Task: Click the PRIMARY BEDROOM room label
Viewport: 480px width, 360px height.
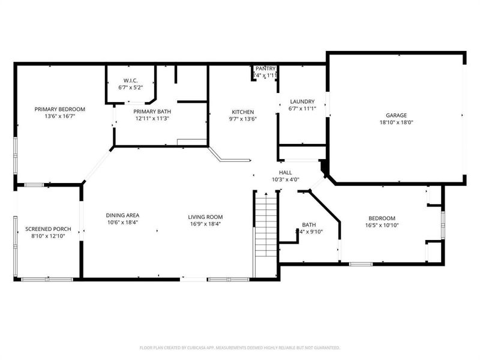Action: (59, 109)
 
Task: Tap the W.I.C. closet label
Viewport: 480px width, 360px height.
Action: (131, 81)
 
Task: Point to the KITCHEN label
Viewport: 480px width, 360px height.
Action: (243, 112)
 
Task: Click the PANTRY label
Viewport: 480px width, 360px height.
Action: (265, 68)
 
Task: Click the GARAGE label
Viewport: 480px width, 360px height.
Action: (396, 115)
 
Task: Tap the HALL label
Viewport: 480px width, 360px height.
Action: (285, 172)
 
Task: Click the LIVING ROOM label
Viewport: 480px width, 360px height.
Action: (205, 217)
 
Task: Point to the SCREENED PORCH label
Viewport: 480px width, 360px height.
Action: (45, 229)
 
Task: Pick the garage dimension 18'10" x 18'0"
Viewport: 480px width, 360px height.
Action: (396, 122)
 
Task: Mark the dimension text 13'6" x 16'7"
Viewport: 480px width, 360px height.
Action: (59, 116)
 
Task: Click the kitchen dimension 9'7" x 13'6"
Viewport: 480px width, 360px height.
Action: (243, 119)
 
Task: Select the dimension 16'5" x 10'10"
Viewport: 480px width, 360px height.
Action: (382, 226)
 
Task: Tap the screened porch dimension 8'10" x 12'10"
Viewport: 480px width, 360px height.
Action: (45, 236)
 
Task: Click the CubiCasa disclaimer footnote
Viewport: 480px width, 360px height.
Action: (240, 347)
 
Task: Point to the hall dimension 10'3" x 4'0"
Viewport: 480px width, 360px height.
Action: (285, 179)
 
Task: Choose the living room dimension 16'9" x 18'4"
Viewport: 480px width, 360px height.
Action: (205, 224)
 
